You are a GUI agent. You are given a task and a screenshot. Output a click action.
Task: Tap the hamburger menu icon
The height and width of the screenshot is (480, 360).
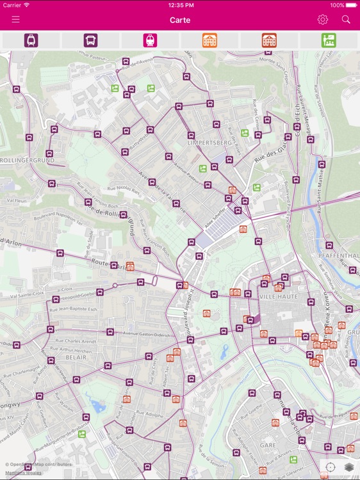click(x=15, y=19)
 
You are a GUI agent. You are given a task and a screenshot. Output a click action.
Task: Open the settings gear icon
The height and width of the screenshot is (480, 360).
click(x=322, y=19)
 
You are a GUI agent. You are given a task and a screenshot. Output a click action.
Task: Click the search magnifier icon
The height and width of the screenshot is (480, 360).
click(x=346, y=19)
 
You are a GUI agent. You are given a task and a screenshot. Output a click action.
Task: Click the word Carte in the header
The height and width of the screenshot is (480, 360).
click(x=180, y=20)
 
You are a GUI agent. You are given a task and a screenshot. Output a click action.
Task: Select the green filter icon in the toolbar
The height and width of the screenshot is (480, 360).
click(x=329, y=40)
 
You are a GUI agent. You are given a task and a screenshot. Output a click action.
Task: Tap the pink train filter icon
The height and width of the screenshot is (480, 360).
click(x=150, y=40)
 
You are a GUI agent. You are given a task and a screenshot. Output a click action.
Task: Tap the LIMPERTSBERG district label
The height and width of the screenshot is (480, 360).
click(x=209, y=143)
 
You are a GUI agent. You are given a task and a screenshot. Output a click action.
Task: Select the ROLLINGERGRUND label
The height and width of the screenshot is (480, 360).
click(x=25, y=159)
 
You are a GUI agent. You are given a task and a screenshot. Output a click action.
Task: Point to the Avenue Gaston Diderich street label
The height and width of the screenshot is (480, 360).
click(x=148, y=334)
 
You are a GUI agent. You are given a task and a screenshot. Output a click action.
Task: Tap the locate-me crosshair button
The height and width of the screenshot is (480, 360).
click(x=331, y=467)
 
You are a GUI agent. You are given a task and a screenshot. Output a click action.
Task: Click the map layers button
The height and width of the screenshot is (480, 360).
click(x=349, y=467)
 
